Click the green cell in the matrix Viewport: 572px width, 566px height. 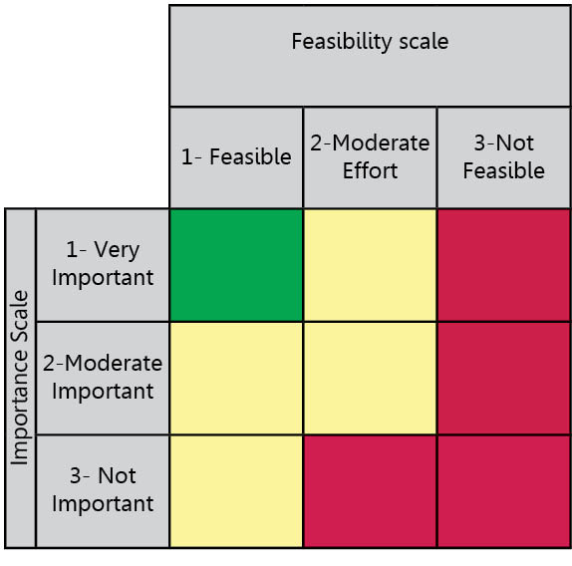pos(236,265)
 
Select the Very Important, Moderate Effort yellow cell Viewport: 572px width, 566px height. pos(370,265)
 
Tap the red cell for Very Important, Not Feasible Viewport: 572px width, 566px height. pos(504,265)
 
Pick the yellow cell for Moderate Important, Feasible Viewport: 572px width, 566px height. pos(236,379)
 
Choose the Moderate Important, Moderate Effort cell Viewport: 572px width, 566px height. pos(370,379)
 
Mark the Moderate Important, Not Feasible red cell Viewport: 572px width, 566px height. pos(504,379)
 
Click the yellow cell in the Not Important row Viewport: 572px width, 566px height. pos(236,491)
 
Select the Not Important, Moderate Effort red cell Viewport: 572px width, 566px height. pos(370,491)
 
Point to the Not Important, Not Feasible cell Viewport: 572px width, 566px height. pos(504,491)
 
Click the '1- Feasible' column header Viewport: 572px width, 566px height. pos(236,156)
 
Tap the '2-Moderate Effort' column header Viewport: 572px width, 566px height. pos(370,156)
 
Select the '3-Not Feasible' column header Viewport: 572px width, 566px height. pos(504,156)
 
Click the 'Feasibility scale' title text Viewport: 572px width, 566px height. pos(370,41)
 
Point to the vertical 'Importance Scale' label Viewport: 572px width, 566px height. pos(20,378)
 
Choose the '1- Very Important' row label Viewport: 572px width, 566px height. pos(103,264)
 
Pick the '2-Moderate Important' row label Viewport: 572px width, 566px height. pos(103,378)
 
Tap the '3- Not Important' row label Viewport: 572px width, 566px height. pos(103,490)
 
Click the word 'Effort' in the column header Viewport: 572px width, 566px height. pos(370,170)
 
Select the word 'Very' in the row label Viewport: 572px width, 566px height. pos(117,251)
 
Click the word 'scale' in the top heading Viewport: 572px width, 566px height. pos(424,41)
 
